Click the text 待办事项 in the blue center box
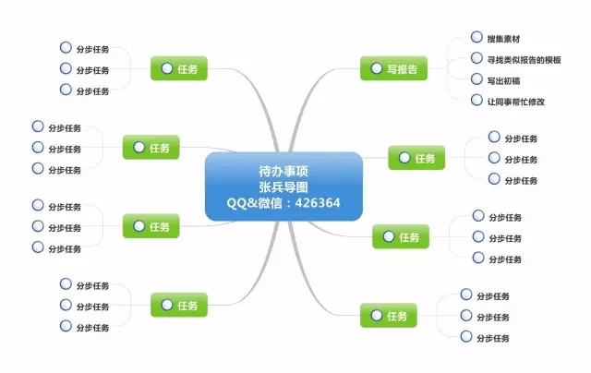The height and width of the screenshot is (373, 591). pyautogui.click(x=283, y=172)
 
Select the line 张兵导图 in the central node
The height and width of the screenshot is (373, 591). pyautogui.click(x=283, y=187)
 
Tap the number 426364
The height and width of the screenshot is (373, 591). pyautogui.click(x=318, y=203)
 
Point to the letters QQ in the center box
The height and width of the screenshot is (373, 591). pyautogui.click(x=236, y=203)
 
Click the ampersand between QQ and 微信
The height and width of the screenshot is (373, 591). pyautogui.click(x=252, y=203)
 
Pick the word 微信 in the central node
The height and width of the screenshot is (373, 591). pyautogui.click(x=270, y=203)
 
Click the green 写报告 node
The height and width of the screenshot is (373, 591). pyautogui.click(x=393, y=68)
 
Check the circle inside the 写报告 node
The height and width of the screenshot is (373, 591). pyautogui.click(x=376, y=68)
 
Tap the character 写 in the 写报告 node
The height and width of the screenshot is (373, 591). pyautogui.click(x=392, y=69)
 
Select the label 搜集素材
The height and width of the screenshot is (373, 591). pyautogui.click(x=503, y=39)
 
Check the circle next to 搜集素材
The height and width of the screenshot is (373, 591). pyautogui.click(x=476, y=37)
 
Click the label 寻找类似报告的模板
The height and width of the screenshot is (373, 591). pyautogui.click(x=524, y=60)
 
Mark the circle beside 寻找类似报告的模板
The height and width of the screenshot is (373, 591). pyautogui.click(x=476, y=58)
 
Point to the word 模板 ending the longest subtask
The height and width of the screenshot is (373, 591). pyautogui.click(x=552, y=60)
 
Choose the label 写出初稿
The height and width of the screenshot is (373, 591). pyautogui.click(x=503, y=81)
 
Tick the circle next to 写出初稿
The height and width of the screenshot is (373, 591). pyautogui.click(x=476, y=79)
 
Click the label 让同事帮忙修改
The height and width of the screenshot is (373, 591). pyautogui.click(x=516, y=102)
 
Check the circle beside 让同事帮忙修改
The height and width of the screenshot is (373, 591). pyautogui.click(x=476, y=100)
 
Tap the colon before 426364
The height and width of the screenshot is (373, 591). pyautogui.click(x=289, y=204)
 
